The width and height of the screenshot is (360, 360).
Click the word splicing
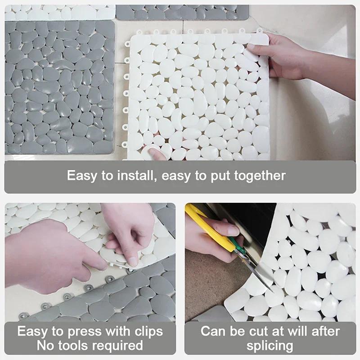pos(269,346)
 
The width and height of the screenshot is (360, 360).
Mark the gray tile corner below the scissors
pos(211,315)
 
